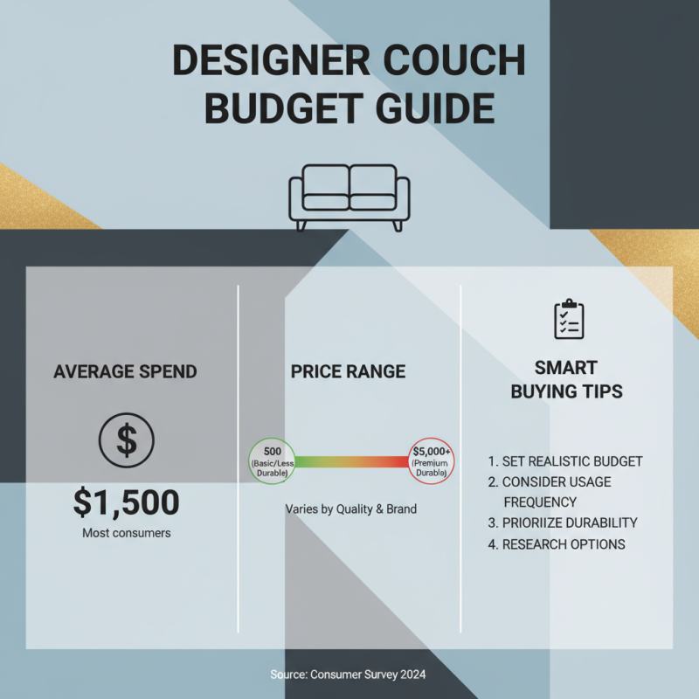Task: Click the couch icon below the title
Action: [x=349, y=197]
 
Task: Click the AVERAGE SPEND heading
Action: [x=125, y=371]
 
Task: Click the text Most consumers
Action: [x=126, y=532]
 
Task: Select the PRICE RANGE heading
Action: [x=348, y=371]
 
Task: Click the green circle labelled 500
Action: [x=272, y=461]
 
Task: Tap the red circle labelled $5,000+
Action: [x=432, y=461]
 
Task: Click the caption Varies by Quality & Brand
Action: [x=350, y=509]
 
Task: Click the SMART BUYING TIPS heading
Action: [x=566, y=379]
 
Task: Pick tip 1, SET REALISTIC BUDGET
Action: [x=565, y=460]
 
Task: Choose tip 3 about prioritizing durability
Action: [x=563, y=523]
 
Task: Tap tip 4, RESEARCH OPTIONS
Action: [x=557, y=544]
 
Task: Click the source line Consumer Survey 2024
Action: [x=349, y=675]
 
